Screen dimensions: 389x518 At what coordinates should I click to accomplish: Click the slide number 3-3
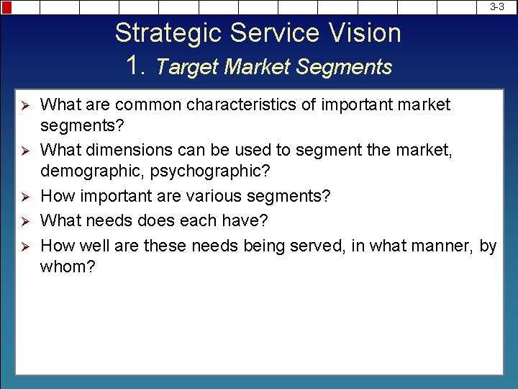(x=497, y=6)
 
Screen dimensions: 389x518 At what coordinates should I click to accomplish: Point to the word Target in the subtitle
(x=187, y=67)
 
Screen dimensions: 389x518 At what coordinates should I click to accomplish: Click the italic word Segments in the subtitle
(x=344, y=67)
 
